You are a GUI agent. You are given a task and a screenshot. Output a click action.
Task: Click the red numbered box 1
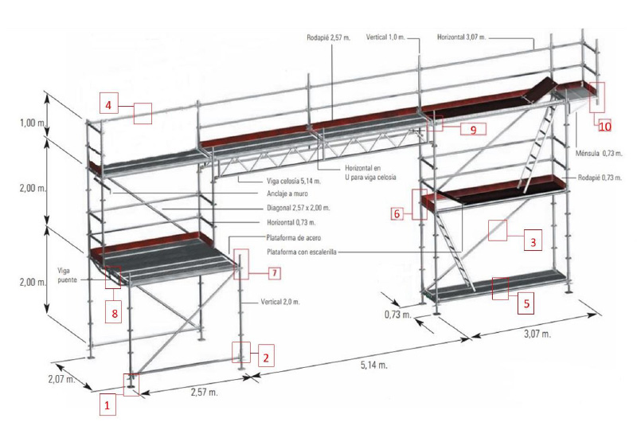click(109, 405)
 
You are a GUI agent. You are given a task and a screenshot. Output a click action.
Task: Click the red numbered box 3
click(533, 240)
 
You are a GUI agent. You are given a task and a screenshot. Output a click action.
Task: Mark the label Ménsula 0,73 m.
click(600, 153)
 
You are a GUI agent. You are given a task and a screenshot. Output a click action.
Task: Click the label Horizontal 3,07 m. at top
click(461, 37)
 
